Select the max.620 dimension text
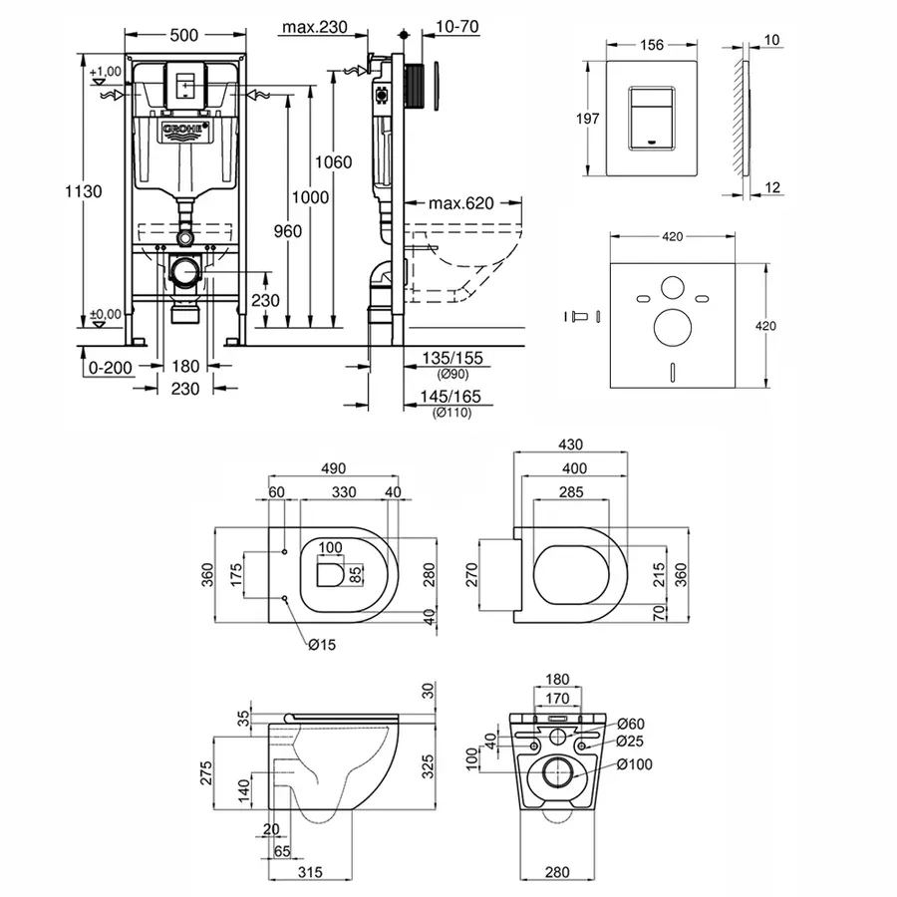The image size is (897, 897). point(461,203)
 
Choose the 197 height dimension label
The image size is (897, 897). point(588,118)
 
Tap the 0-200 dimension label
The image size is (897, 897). point(111,367)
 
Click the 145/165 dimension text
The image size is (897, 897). point(449,396)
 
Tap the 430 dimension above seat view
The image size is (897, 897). point(570,444)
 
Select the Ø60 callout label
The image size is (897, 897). point(629,724)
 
